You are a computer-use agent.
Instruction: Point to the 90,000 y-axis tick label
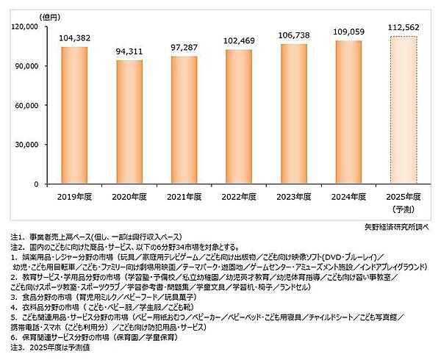pyautogui.click(x=27, y=66)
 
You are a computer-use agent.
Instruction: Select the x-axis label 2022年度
pyautogui.click(x=239, y=196)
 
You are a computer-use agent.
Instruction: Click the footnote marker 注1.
pyautogui.click(x=16, y=239)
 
